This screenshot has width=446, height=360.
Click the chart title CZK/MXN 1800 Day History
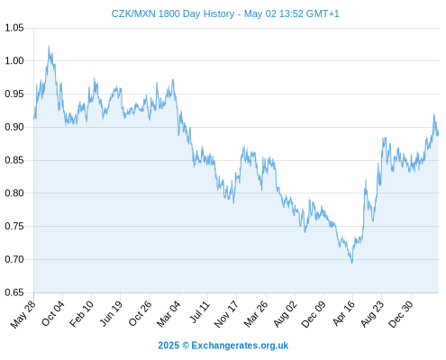[173, 13]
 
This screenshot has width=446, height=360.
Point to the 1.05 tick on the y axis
[14, 28]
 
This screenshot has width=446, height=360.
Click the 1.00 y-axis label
[14, 61]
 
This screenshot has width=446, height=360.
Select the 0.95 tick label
[14, 94]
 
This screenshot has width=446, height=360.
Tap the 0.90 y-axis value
[14, 127]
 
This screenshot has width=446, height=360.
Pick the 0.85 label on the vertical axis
[14, 160]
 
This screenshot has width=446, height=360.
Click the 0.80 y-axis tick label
[14, 193]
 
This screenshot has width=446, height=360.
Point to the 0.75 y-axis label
[14, 226]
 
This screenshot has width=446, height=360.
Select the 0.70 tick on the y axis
[14, 259]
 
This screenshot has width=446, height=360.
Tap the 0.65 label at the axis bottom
[14, 292]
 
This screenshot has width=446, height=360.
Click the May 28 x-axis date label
[23, 314]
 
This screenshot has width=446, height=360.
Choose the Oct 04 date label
[52, 313]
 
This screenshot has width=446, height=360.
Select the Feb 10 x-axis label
[81, 314]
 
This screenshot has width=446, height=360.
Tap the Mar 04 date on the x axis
[168, 314]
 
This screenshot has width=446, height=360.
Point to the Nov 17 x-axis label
[226, 314]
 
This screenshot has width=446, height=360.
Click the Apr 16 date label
[343, 313]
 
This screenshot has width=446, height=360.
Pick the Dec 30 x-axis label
[401, 314]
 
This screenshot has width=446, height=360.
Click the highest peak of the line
[49, 47]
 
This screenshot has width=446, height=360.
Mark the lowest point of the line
[352, 263]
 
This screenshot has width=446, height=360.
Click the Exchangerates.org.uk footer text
[240, 346]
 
